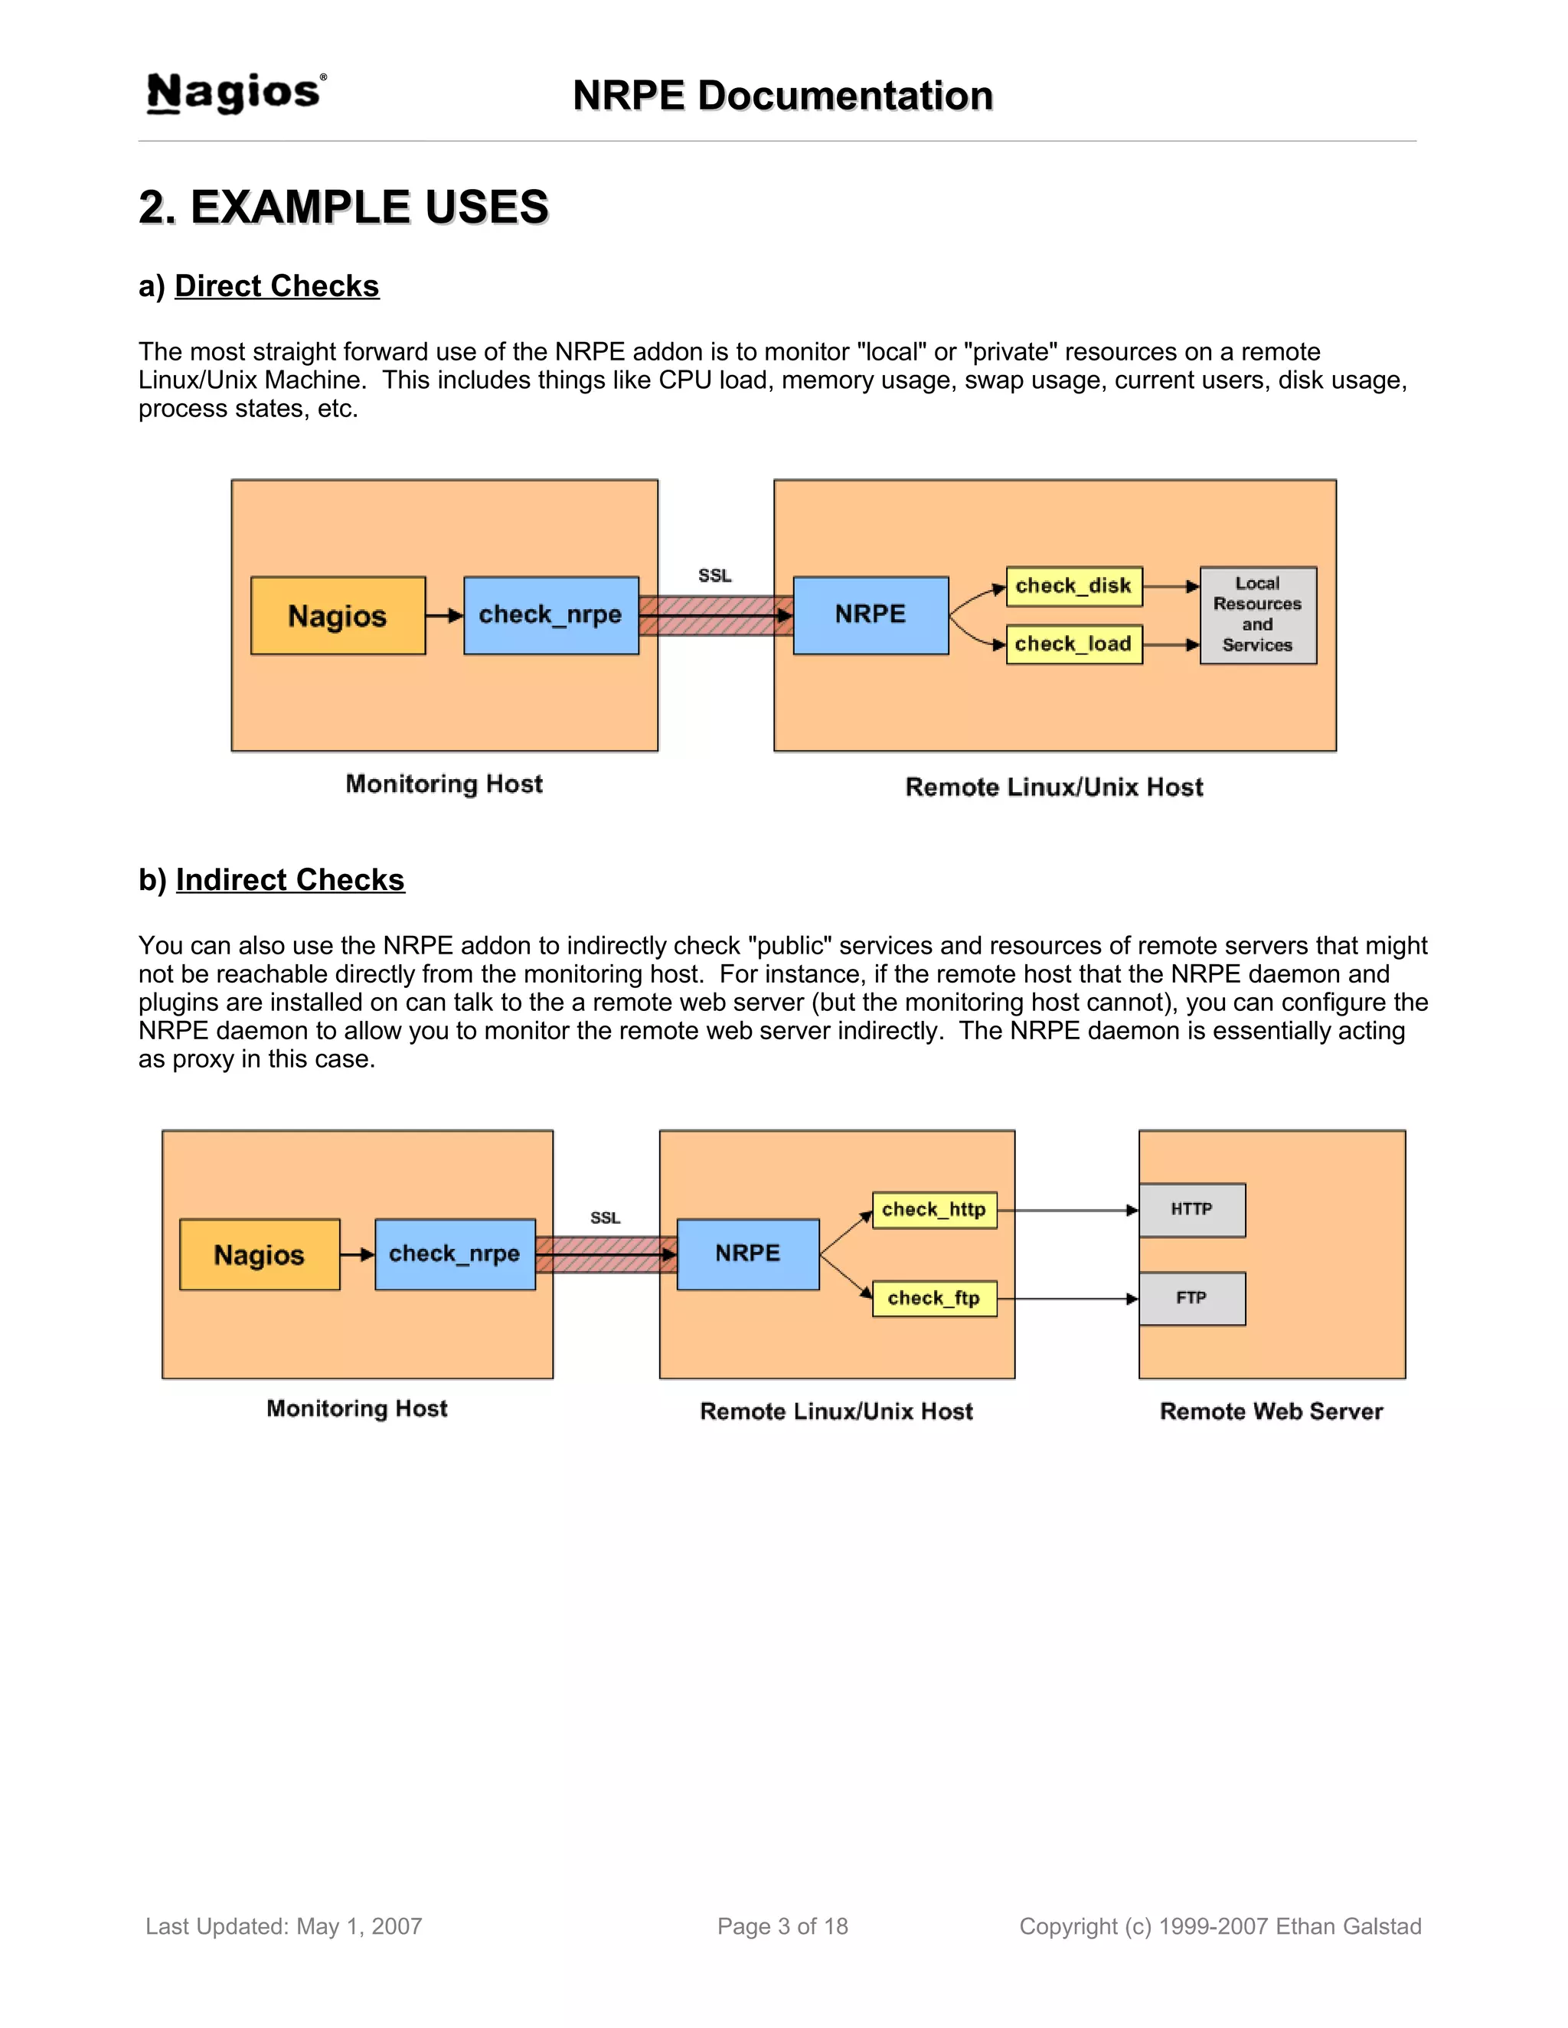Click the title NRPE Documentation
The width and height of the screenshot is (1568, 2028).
tap(782, 96)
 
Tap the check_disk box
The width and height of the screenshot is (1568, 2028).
tap(1074, 586)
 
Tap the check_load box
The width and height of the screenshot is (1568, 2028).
tap(1074, 644)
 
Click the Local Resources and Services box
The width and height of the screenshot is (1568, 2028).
tap(1258, 615)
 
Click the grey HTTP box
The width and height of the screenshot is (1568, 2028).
tap(1192, 1210)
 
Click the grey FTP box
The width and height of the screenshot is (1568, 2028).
tap(1192, 1298)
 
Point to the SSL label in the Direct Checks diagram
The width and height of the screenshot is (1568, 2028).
tap(714, 575)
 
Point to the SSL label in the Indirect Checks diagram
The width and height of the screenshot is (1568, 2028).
tap(605, 1218)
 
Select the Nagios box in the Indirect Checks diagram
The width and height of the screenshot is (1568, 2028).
tap(260, 1254)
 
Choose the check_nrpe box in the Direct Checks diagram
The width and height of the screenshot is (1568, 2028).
tap(550, 615)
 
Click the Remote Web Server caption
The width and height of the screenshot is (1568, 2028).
tap(1271, 1411)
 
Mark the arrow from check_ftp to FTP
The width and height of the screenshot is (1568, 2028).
tap(1068, 1299)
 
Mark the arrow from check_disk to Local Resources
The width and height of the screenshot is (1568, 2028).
tap(1171, 587)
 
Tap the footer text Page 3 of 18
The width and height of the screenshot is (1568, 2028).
tap(782, 1927)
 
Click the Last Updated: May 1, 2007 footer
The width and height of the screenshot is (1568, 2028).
tap(283, 1927)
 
